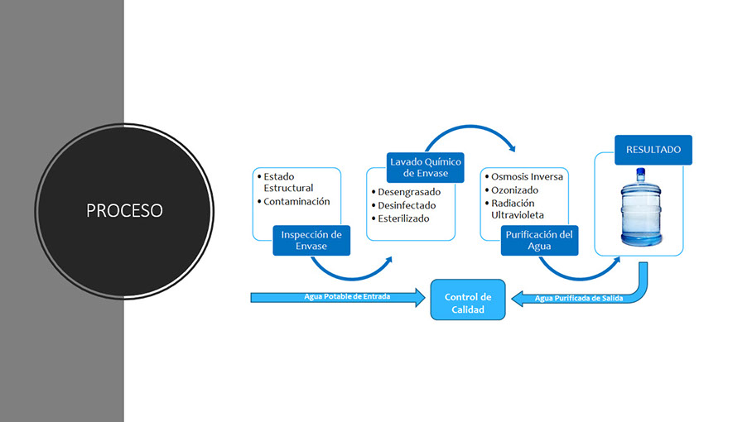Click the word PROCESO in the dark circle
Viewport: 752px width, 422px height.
point(124,210)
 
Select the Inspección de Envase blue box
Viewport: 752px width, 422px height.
point(311,240)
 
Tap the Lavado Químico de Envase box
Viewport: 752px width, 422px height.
point(426,166)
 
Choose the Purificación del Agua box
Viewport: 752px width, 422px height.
point(539,240)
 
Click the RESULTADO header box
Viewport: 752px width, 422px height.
point(653,150)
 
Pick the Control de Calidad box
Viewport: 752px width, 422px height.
point(468,303)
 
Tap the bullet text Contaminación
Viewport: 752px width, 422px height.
point(296,201)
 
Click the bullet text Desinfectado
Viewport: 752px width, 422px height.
point(406,205)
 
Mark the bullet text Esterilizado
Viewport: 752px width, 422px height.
point(403,218)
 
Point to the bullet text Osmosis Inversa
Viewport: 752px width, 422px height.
point(527,177)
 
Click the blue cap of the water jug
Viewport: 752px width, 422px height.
point(641,174)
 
